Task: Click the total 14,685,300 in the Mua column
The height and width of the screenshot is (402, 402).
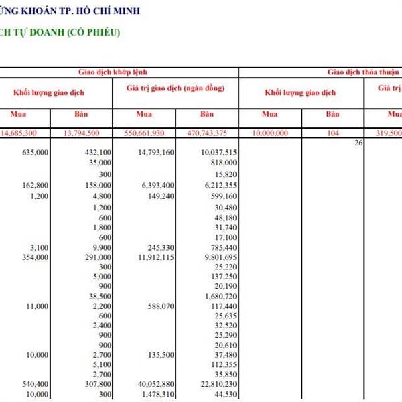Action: [x=19, y=133]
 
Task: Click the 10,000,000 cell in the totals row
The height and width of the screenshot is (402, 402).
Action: [x=270, y=133]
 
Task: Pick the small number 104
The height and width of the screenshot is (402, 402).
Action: [x=332, y=133]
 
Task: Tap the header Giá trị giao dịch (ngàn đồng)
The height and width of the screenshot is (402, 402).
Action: [x=175, y=88]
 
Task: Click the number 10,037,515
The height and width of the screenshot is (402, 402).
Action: [x=219, y=153]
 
